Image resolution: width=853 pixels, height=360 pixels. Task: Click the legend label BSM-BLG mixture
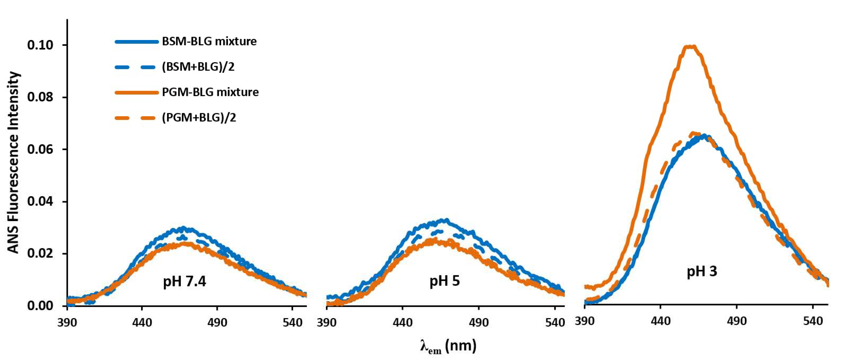click(209, 42)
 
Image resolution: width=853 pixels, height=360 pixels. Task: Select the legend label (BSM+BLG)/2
click(198, 67)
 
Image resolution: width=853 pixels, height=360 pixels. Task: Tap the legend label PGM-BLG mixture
click(210, 92)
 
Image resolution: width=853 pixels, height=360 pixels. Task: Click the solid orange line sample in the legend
click(136, 93)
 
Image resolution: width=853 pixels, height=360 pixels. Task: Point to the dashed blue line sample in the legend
click(136, 67)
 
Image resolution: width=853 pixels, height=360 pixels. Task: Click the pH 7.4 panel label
click(184, 282)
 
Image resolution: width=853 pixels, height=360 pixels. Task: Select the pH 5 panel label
click(444, 281)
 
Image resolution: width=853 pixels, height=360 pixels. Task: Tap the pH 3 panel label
click(702, 271)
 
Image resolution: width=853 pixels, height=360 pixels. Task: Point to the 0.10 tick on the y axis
click(40, 45)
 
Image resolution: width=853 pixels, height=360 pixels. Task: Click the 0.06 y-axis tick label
click(40, 150)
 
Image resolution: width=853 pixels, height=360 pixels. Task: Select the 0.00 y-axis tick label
click(40, 306)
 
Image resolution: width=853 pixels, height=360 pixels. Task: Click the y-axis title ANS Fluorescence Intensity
click(14, 162)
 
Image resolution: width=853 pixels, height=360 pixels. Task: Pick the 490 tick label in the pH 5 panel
click(479, 322)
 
